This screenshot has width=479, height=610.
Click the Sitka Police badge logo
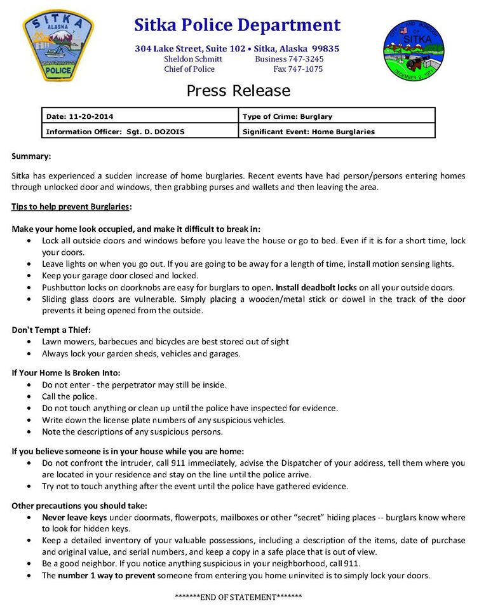point(58,46)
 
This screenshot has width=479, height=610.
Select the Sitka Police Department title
point(238,25)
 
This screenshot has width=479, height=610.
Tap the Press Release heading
point(238,91)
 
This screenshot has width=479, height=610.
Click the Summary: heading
point(31,156)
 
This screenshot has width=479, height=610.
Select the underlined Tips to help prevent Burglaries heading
point(71,207)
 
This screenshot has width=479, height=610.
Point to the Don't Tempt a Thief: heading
point(51,329)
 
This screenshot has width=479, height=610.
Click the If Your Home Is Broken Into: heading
point(66,372)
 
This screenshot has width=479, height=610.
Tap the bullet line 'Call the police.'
point(69,396)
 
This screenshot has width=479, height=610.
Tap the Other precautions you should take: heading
point(79,506)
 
